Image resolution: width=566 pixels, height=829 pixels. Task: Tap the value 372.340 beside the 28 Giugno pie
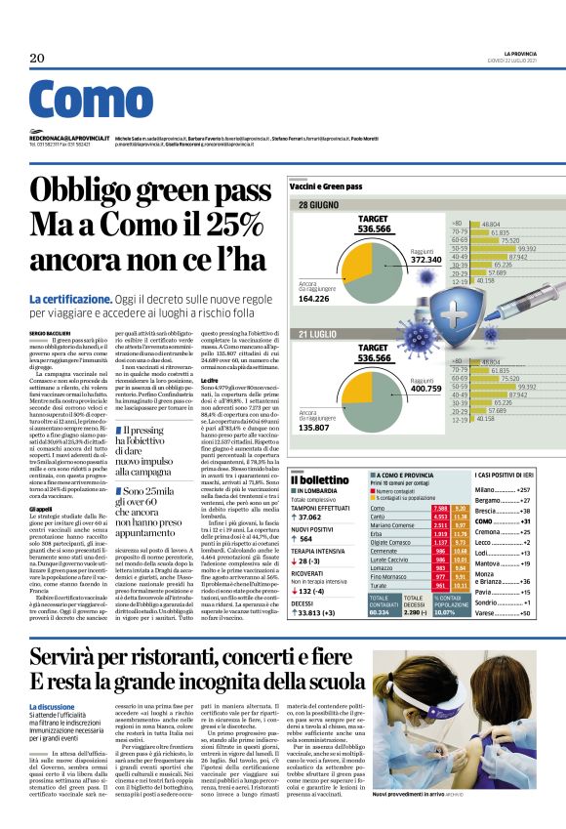pyautogui.click(x=431, y=259)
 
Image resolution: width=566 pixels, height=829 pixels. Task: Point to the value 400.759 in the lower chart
pyautogui.click(x=431, y=389)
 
